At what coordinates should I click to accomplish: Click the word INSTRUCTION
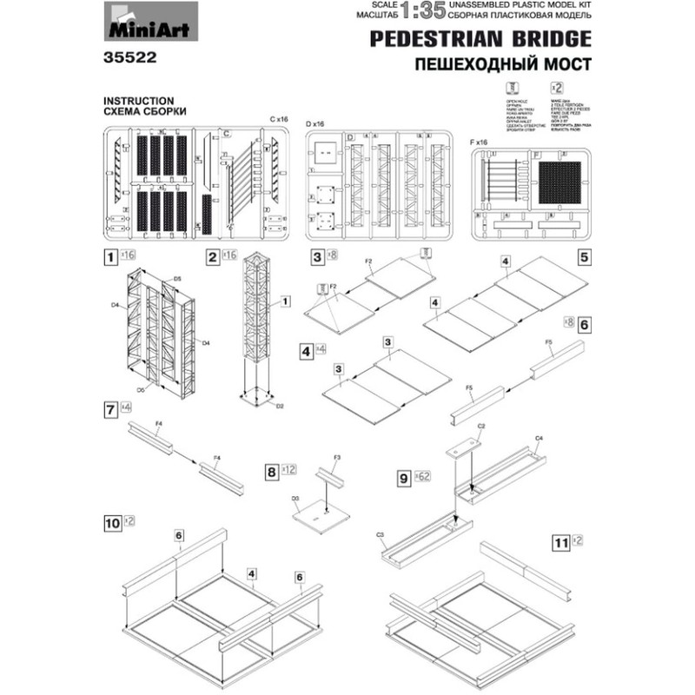pos(140,100)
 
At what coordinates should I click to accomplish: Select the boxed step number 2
pos(212,256)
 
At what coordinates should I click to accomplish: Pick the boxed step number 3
pos(318,256)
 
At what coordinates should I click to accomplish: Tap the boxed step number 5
pos(584,257)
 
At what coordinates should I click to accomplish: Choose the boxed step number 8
pos(273,471)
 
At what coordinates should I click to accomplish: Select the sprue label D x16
pos(314,125)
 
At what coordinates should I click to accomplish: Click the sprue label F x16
pos(479,141)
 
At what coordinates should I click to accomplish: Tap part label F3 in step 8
pos(337,456)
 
